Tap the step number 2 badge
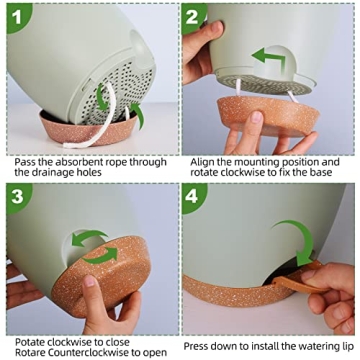point(195,14)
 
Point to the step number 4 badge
point(195,194)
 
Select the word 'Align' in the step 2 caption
point(201,161)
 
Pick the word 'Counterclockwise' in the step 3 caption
point(82,352)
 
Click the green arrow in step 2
point(268,59)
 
